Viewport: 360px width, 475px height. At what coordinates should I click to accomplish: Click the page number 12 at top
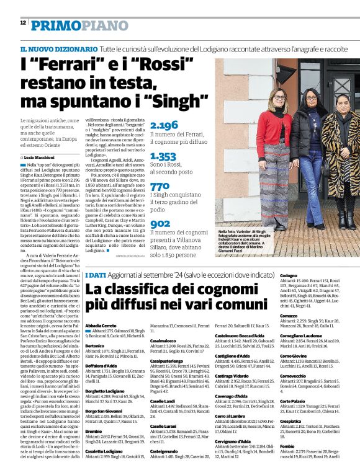[x=23, y=22]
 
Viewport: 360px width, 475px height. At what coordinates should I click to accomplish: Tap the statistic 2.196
[x=164, y=125]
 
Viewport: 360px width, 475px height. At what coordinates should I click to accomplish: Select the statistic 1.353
[x=163, y=157]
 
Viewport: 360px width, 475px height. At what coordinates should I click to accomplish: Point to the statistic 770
[x=160, y=186]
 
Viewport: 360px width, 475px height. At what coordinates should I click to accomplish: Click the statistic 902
[x=160, y=223]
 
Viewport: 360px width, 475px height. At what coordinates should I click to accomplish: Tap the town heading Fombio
[x=287, y=445]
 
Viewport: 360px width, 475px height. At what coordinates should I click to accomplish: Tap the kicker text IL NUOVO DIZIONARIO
[x=58, y=49]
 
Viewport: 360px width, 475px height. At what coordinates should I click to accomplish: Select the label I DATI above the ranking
[x=96, y=275]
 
